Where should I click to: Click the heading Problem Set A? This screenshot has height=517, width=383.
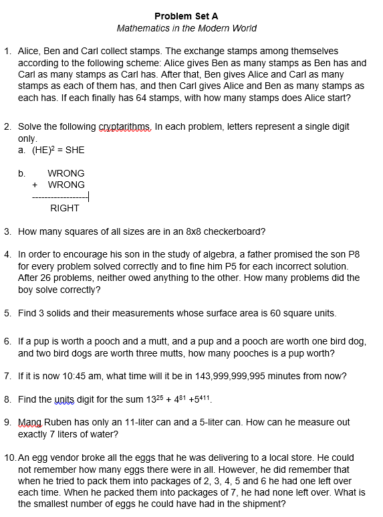[186, 16]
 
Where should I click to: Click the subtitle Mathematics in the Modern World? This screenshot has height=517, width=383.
[186, 28]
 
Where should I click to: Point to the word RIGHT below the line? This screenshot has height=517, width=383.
[65, 208]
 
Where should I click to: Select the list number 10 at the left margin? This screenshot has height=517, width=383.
[9, 458]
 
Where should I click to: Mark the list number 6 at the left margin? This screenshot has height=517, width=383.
[7, 341]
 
